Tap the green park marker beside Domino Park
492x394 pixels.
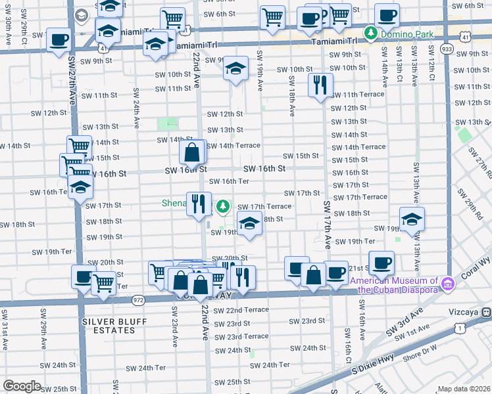click(x=371, y=32)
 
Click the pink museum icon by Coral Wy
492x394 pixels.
click(x=449, y=284)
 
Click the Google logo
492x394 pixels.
click(x=22, y=385)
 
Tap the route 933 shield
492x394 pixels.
click(x=447, y=49)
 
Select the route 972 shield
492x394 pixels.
click(x=138, y=299)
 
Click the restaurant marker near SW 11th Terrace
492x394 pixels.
click(x=320, y=85)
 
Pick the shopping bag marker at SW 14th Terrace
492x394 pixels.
click(x=191, y=152)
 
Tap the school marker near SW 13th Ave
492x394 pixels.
click(x=412, y=219)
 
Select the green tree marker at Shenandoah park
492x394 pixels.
click(x=224, y=208)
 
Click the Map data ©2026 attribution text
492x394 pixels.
click(x=464, y=389)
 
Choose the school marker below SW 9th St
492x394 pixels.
click(x=235, y=69)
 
